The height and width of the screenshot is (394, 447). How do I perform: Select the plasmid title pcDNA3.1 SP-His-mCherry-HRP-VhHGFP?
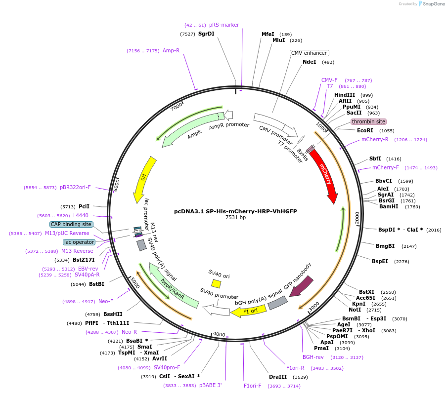235,211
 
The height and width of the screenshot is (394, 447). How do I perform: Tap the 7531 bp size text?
235,217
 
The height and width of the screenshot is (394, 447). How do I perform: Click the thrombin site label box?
368,121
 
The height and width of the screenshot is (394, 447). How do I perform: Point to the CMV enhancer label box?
309,53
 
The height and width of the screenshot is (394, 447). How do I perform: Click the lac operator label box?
79,242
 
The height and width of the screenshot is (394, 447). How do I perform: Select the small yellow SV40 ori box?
216,283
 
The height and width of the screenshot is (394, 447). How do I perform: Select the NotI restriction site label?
355,310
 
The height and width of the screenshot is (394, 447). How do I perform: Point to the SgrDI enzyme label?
206,34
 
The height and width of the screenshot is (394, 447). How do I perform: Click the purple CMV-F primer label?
329,80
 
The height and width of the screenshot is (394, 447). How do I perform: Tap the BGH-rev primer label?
313,357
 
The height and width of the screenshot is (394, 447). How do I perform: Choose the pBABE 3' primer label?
211,385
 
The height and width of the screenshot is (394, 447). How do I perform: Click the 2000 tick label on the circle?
357,218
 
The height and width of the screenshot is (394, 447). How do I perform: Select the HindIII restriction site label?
345,95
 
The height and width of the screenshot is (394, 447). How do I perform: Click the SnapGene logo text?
433,4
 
